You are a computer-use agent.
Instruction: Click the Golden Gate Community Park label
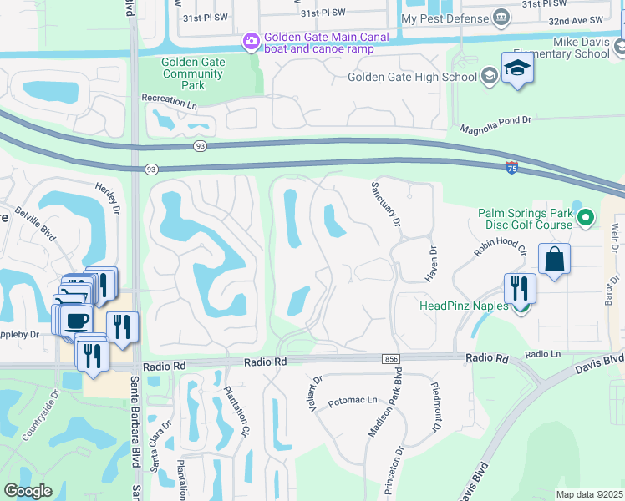pos(192,73)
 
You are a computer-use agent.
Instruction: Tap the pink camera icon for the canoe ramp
pos(251,41)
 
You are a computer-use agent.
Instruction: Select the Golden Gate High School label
pos(413,78)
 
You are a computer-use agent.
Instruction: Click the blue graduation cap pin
pos(517,69)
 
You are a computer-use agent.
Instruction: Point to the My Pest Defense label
pos(445,18)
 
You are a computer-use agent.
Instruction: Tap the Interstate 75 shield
pos(511,167)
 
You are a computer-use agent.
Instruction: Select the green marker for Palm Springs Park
pos(586,219)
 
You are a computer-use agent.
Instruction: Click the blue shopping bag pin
pos(554,261)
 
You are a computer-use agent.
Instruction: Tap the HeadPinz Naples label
pos(463,306)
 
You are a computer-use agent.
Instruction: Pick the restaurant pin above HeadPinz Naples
pos(521,289)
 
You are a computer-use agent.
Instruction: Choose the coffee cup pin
pos(76,321)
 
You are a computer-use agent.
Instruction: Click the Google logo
pos(28,491)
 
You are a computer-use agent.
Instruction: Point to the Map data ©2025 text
pos(588,494)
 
